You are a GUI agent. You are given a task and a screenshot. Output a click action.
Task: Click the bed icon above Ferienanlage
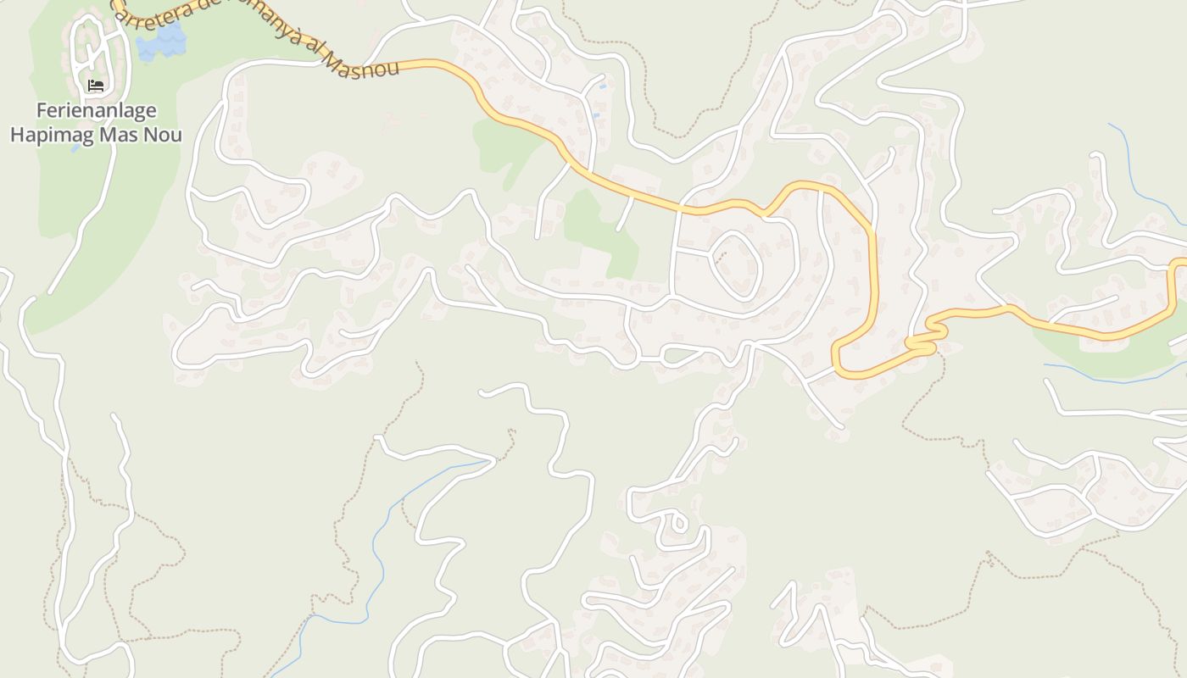(x=96, y=86)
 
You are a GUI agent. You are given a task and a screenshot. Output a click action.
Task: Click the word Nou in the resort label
(x=164, y=135)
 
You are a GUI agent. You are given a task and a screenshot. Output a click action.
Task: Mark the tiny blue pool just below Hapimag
(x=76, y=148)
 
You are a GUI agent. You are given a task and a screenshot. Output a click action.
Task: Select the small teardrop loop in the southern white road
(x=677, y=520)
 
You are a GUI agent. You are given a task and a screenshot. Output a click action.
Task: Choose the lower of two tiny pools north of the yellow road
(x=595, y=115)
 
